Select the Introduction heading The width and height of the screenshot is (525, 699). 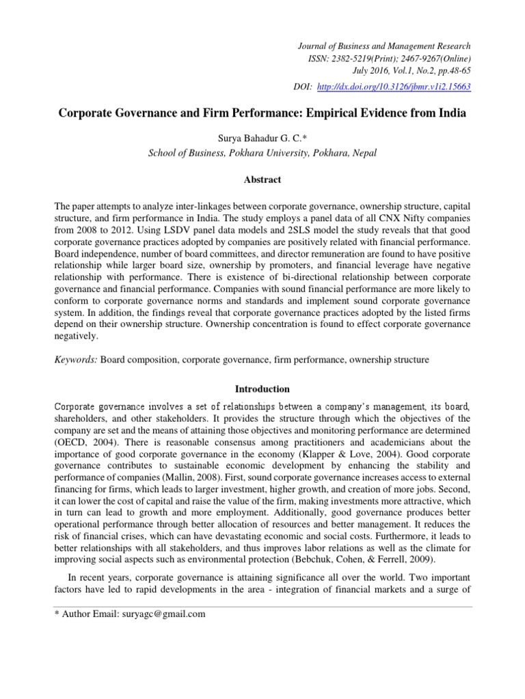click(x=262, y=389)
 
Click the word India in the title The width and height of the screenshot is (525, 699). click(x=452, y=114)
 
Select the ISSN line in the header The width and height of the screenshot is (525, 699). click(x=390, y=59)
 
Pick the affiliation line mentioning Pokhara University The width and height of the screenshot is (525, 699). click(x=262, y=153)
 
